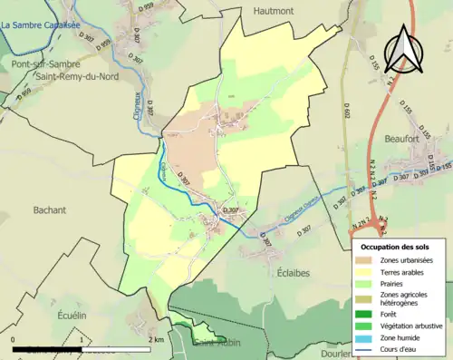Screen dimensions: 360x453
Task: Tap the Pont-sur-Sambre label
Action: [44, 64]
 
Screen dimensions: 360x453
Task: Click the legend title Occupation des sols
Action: [395, 247]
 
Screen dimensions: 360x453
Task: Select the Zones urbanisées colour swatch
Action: [368, 261]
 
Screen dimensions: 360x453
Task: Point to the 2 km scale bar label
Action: [157, 340]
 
